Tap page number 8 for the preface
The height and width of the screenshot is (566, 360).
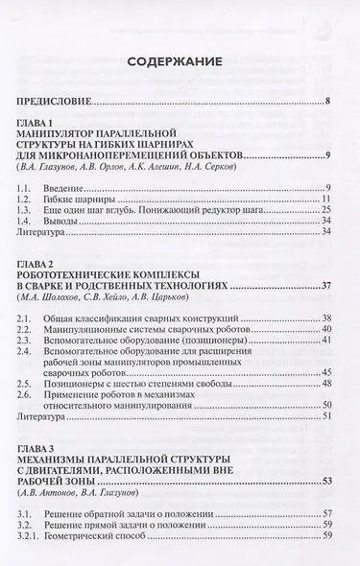(x=327, y=101)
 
